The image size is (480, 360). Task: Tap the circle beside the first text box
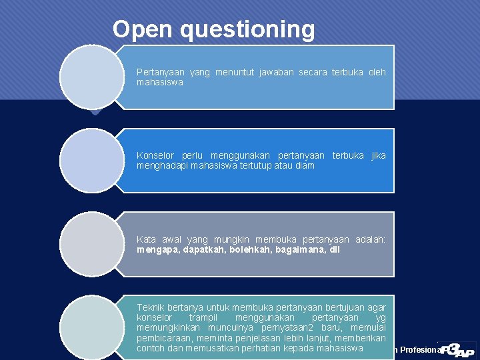click(x=91, y=77)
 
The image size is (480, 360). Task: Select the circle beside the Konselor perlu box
click(x=91, y=161)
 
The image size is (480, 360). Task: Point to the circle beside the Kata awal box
click(x=91, y=244)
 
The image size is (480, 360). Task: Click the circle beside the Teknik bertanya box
click(x=91, y=327)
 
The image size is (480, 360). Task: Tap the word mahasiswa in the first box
click(x=159, y=83)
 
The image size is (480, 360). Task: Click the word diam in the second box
click(x=305, y=165)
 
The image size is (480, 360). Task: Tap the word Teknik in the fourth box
click(x=151, y=307)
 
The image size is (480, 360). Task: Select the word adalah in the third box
click(x=370, y=239)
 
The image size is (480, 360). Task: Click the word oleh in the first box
click(x=377, y=72)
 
